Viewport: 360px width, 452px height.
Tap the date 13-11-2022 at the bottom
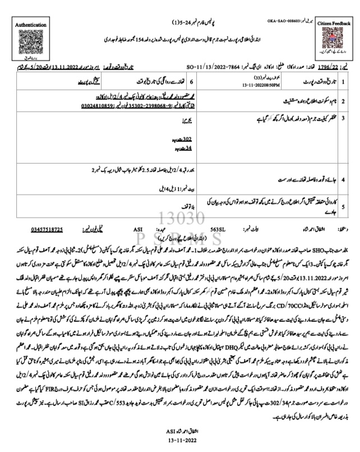(179, 444)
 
